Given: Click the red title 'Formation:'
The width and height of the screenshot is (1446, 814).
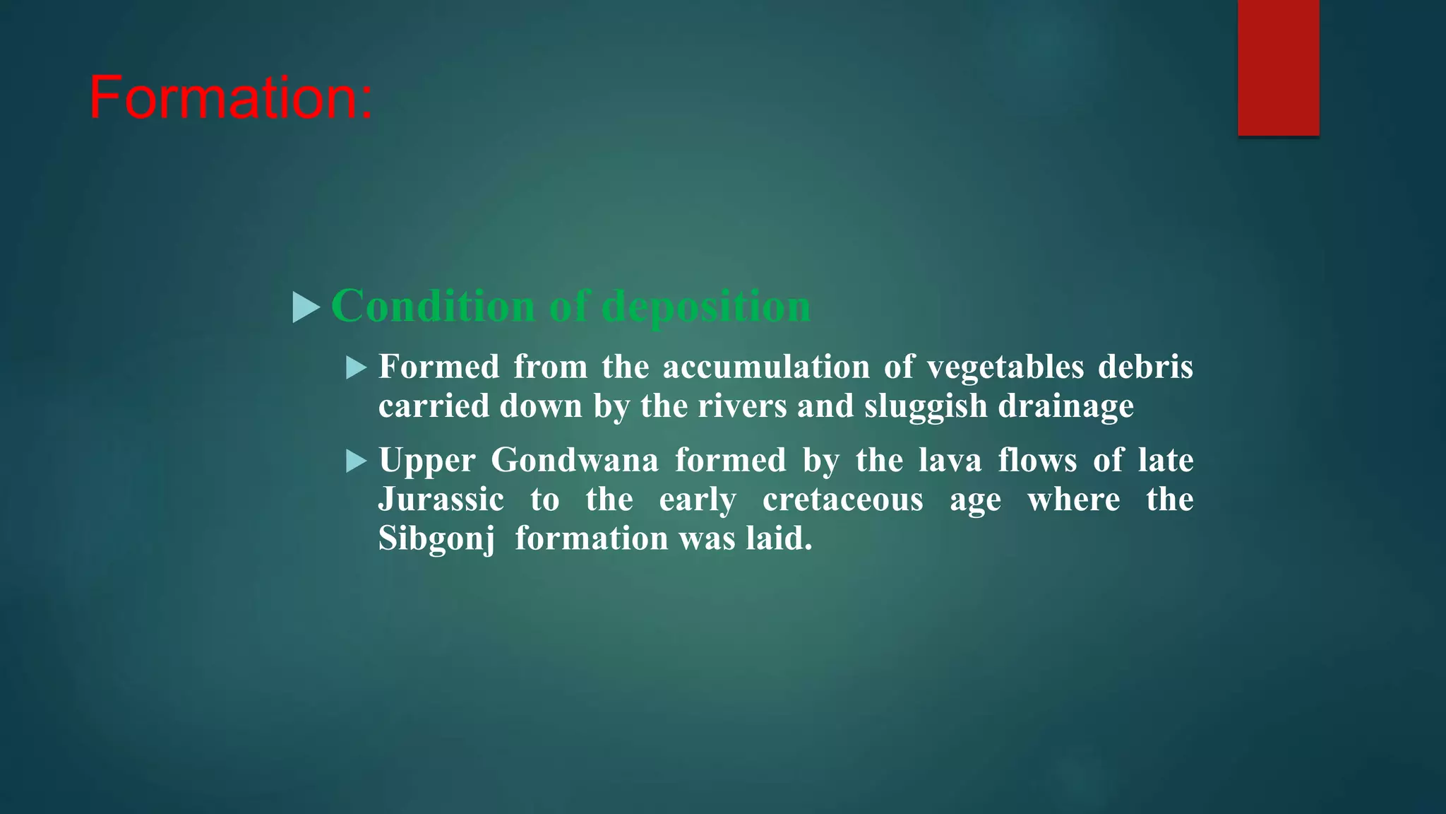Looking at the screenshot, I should [x=230, y=98].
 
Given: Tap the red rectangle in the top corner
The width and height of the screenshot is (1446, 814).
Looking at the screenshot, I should [x=1278, y=68].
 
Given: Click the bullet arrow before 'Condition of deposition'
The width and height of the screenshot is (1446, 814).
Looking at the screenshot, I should [x=306, y=307].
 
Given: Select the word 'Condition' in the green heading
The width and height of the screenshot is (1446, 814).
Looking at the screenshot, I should [x=433, y=307].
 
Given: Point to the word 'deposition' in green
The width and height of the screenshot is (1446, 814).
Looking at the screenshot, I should [x=706, y=307].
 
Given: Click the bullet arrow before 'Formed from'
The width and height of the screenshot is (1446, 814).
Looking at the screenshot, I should [x=357, y=367].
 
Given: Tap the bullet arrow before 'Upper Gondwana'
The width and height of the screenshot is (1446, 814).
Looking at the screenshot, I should [x=357, y=461].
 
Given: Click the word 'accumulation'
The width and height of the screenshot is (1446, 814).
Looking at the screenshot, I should [x=766, y=367].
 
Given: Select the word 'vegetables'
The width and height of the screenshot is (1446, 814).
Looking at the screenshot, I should [x=1005, y=367].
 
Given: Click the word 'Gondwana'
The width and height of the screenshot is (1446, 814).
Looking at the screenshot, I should [x=575, y=461].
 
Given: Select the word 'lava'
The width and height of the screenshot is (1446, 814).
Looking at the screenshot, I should [x=950, y=461].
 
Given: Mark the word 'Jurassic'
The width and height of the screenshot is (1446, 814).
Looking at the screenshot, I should [x=441, y=500].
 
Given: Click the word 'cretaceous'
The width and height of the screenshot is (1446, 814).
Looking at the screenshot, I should [x=843, y=500].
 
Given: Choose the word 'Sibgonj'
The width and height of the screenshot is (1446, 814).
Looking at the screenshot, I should [x=436, y=539].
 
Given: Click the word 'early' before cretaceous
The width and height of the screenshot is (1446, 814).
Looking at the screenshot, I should [x=698, y=500].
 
